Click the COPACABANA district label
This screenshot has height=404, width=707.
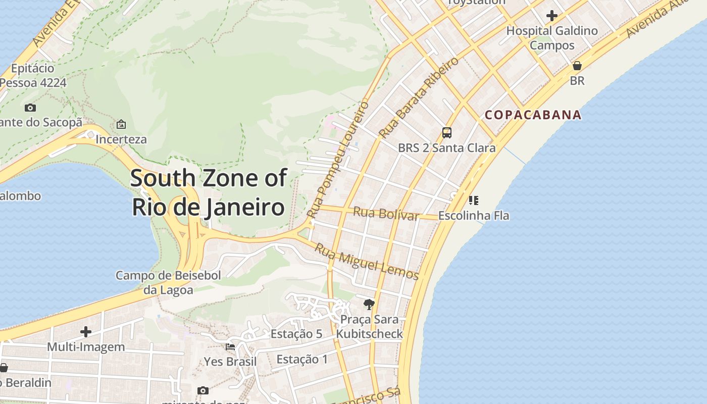click(533, 115)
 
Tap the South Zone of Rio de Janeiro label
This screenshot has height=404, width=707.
click(209, 193)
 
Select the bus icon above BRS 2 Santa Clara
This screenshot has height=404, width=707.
click(447, 133)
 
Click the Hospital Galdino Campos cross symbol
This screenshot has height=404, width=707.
click(552, 16)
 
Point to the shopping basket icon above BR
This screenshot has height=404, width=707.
click(577, 66)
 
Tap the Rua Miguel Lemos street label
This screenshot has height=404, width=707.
click(367, 261)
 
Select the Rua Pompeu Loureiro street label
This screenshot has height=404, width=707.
click(339, 160)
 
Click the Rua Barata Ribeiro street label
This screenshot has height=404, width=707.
click(419, 97)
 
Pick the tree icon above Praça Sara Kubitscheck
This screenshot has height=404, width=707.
click(369, 304)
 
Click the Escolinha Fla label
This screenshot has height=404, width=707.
click(474, 216)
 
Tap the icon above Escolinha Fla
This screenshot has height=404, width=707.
click(473, 200)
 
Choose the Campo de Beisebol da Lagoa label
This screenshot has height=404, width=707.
click(168, 283)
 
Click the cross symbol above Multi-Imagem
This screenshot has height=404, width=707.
click(86, 332)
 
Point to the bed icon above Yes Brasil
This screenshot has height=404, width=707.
click(230, 347)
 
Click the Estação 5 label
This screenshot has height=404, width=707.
click(296, 334)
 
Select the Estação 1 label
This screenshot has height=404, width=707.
click(302, 360)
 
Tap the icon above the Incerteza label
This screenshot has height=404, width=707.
click(121, 124)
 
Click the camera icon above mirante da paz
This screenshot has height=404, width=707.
click(203, 390)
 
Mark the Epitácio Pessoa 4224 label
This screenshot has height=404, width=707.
click(33, 75)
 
